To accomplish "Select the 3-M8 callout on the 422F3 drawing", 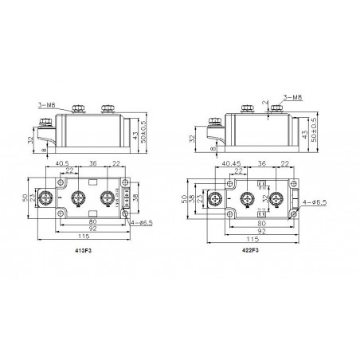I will (x=294, y=98).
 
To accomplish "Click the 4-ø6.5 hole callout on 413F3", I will (x=145, y=222).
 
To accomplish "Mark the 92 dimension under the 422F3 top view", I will (x=262, y=230).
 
